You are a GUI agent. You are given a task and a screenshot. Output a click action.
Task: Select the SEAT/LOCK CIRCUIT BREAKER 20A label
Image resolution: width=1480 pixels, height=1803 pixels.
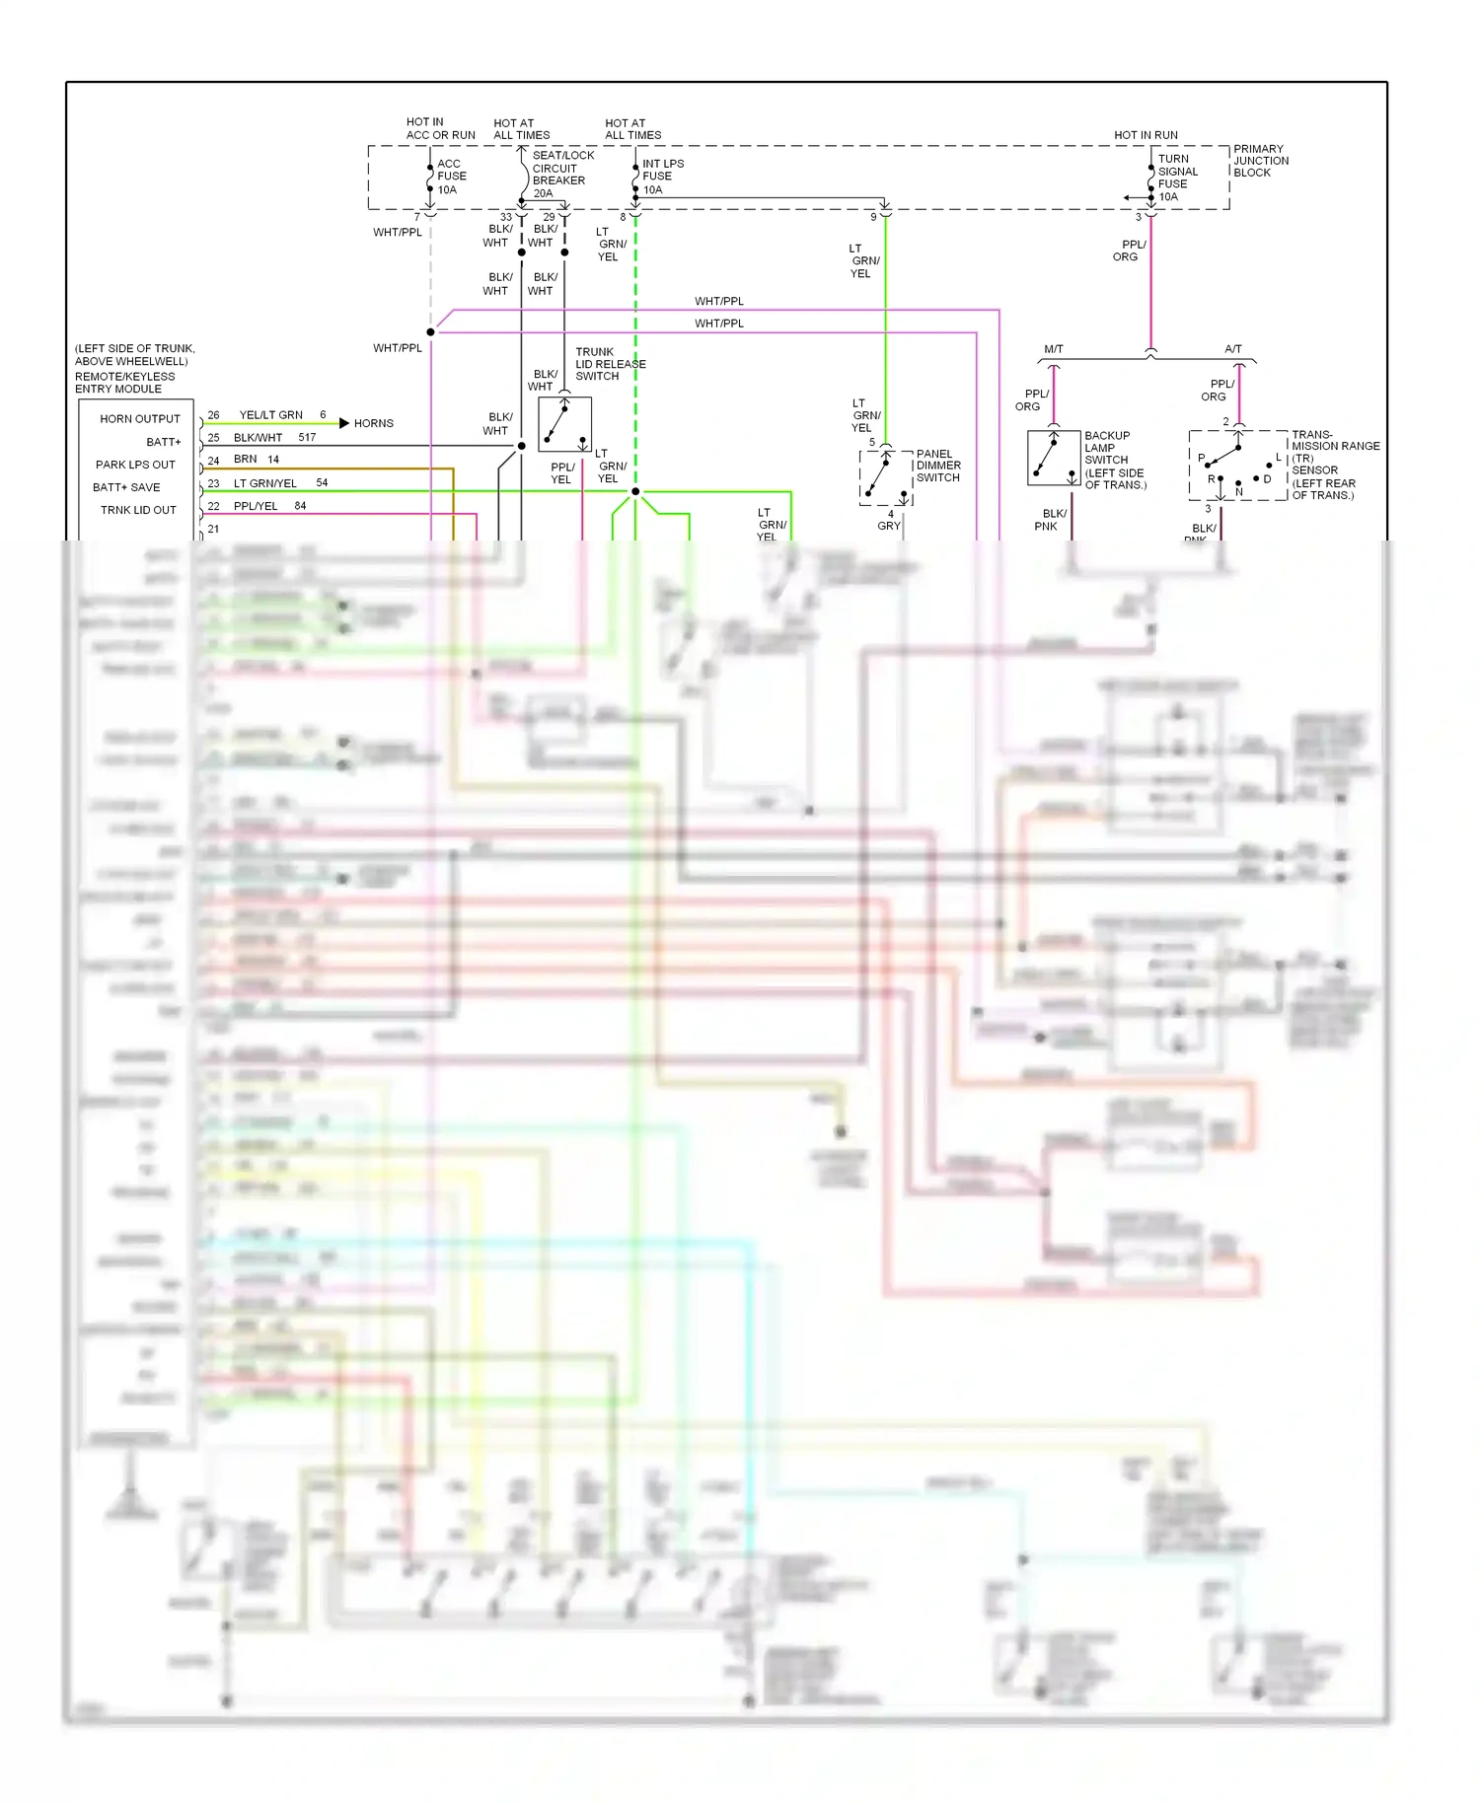[560, 174]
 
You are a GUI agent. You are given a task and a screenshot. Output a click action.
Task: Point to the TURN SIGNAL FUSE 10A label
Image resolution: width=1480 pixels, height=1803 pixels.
[1176, 178]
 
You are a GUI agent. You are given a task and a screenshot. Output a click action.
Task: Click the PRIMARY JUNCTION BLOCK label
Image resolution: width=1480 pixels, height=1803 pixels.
[1260, 161]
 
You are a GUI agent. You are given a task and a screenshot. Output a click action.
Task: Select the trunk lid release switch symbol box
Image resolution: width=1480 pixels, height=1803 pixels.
[564, 424]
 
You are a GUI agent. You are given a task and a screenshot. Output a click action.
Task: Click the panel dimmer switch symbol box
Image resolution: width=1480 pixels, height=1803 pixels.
[885, 478]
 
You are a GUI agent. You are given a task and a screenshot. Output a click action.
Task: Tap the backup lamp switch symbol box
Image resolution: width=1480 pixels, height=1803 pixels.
[1053, 458]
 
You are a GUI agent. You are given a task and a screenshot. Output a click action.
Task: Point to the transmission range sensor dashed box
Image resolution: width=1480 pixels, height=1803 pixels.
[1237, 465]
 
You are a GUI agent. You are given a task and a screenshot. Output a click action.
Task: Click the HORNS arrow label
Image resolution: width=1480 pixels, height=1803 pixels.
[372, 423]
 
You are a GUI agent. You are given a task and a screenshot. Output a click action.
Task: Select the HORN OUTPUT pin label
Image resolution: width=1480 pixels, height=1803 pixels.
[139, 419]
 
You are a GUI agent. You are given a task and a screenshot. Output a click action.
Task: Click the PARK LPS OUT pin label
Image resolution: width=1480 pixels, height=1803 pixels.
[135, 465]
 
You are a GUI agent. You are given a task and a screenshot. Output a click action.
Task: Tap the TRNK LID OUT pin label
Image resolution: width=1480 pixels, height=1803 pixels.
[138, 510]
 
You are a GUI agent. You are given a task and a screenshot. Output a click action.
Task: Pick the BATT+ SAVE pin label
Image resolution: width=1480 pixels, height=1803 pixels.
[126, 487]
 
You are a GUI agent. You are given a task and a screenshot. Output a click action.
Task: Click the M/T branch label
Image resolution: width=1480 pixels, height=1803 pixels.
[1054, 349]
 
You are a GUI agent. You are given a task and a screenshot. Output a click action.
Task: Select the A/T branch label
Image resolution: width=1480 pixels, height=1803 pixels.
[1232, 349]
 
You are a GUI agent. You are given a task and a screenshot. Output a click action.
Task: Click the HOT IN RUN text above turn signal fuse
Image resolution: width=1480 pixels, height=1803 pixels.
[1146, 135]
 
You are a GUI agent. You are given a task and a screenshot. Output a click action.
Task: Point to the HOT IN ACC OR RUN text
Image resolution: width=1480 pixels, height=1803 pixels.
[439, 128]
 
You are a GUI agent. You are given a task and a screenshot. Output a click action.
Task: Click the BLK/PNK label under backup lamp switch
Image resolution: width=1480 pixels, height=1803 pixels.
[1052, 520]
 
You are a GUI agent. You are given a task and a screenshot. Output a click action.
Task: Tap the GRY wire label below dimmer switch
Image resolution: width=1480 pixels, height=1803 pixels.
[888, 526]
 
